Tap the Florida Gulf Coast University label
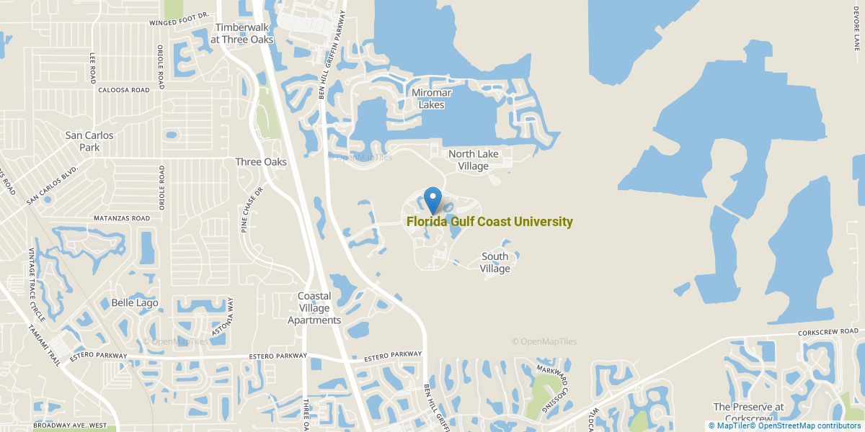(489, 222)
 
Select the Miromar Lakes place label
(427, 99)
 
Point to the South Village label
(495, 262)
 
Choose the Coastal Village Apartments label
(314, 308)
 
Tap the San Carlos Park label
(89, 141)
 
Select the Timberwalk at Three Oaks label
(242, 34)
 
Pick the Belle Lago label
(134, 303)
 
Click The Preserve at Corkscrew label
(748, 412)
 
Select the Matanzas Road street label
(122, 218)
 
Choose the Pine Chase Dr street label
(244, 210)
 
